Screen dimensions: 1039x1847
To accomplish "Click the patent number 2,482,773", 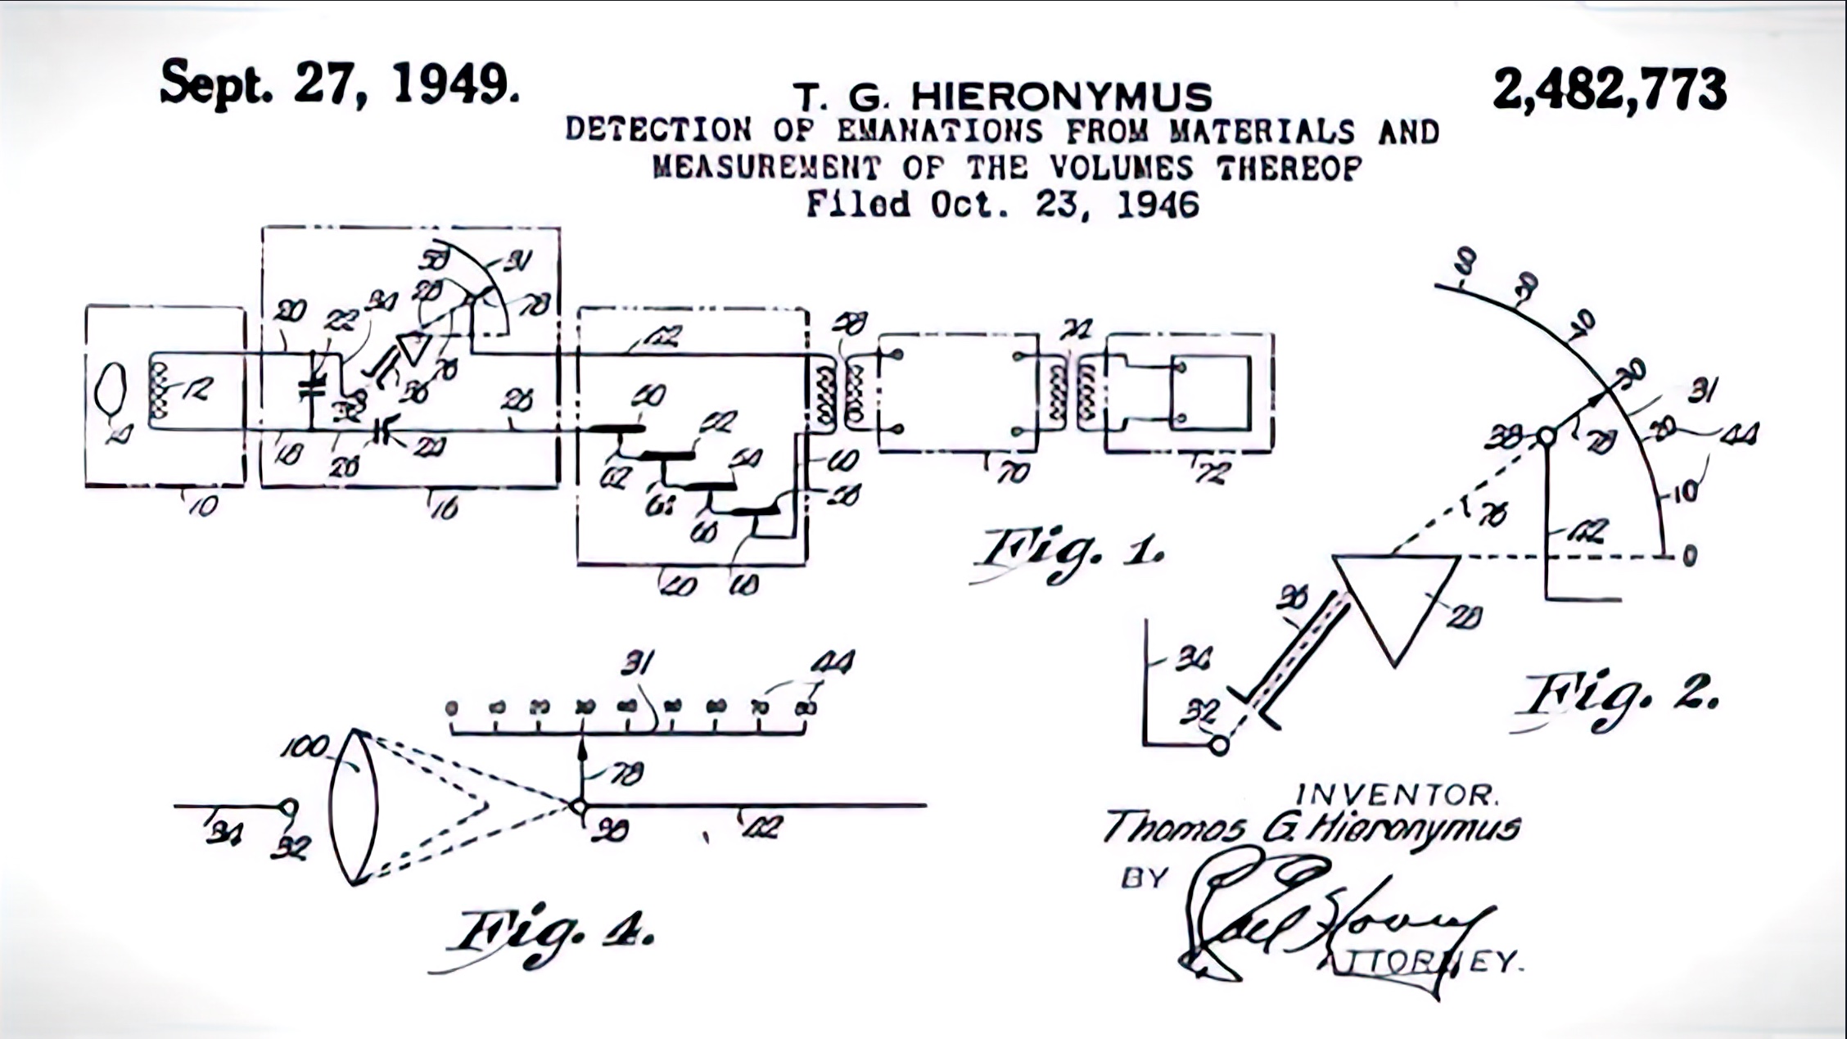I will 1609,89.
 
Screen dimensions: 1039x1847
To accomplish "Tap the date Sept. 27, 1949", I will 339,84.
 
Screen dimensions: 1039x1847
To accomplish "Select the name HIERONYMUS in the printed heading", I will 1061,97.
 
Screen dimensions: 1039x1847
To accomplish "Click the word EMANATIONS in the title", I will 939,131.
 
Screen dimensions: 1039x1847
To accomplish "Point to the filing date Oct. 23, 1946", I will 1064,204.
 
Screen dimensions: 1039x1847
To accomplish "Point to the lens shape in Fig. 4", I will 354,806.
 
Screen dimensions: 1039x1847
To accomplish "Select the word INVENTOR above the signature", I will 1396,794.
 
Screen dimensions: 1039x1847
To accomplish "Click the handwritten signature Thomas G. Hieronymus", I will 1310,828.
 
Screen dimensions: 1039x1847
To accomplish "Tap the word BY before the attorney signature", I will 1143,879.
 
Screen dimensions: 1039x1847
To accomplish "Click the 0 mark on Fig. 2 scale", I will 1689,556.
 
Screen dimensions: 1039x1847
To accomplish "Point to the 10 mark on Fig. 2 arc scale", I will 1684,492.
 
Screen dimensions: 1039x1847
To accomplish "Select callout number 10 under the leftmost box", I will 203,506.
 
